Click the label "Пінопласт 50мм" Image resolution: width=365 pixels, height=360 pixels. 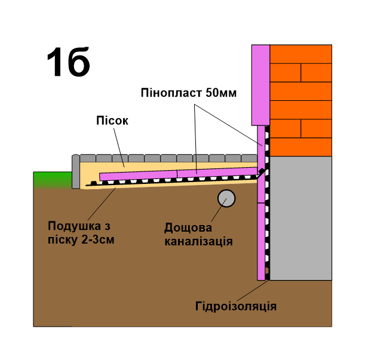pos(189,93)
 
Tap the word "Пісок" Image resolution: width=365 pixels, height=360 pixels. pos(112,121)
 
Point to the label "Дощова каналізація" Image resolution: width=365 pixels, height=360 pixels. pos(198,235)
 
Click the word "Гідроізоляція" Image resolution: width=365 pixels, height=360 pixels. pos(235,306)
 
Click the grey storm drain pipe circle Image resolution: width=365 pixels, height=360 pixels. pos(226,199)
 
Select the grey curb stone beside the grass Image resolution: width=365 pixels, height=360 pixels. pos(76,172)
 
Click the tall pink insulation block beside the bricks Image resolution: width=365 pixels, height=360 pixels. pos(260,84)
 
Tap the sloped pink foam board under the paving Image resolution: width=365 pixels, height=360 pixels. pos(179,174)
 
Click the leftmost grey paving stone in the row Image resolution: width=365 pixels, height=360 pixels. pos(88,158)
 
